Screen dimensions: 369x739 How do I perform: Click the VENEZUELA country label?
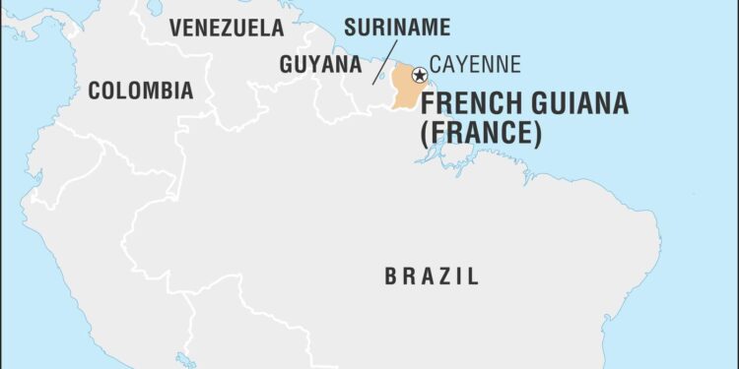(226, 28)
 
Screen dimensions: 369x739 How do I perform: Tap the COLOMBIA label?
(140, 92)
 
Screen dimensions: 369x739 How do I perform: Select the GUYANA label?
(319, 64)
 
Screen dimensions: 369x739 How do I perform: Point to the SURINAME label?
(397, 27)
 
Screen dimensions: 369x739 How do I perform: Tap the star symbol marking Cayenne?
(419, 74)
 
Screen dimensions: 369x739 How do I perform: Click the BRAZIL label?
(432, 277)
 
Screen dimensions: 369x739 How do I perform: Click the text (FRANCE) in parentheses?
(481, 134)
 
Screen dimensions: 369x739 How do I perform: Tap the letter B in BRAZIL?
(390, 277)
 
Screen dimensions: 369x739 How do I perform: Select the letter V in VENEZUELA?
(174, 28)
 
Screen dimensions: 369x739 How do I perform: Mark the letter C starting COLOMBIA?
(95, 92)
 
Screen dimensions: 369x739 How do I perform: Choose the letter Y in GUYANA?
(313, 64)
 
